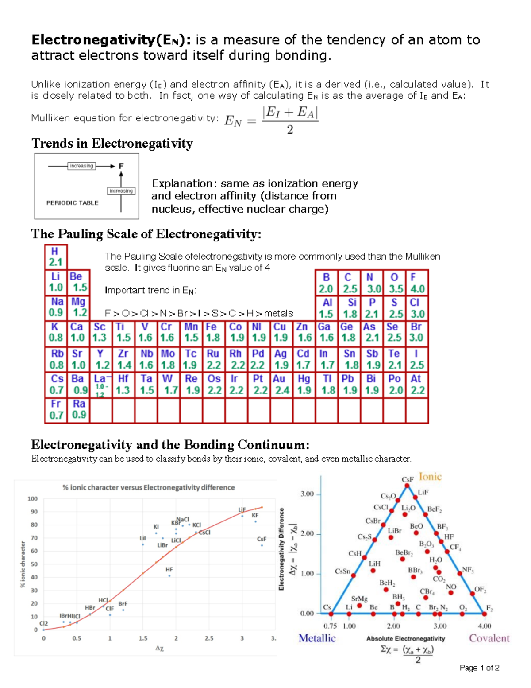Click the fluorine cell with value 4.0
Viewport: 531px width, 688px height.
coord(417,283)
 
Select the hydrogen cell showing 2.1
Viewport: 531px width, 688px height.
coord(56,257)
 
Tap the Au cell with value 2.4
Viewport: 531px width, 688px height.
coord(281,385)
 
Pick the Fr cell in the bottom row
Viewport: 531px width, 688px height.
coord(56,410)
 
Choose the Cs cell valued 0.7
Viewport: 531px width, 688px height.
coord(56,385)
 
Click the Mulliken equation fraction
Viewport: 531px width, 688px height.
coord(290,120)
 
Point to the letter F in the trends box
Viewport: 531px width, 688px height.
coord(121,166)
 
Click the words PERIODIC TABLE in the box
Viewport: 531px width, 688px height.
coord(72,203)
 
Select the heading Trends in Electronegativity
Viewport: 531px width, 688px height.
coord(112,144)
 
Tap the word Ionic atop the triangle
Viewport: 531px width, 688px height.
coord(430,477)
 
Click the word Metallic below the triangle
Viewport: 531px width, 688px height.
coord(317,638)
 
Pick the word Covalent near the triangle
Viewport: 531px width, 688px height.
coord(489,638)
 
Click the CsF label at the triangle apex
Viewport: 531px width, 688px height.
coord(407,479)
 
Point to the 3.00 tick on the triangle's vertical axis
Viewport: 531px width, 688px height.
coord(307,494)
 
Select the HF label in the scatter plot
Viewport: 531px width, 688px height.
coord(169,570)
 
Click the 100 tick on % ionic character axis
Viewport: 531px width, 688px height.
coord(33,499)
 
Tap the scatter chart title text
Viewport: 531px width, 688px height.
coord(148,487)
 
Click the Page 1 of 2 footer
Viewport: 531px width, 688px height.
coord(479,668)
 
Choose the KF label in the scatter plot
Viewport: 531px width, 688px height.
coord(255,516)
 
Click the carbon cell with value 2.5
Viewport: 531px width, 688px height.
coord(350,283)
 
